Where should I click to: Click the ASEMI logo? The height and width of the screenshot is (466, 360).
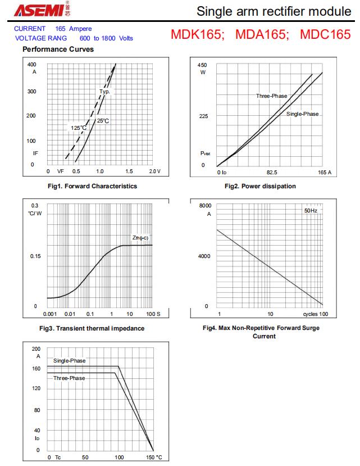[x=39, y=11]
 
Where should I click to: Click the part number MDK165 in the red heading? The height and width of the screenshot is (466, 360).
[x=198, y=34]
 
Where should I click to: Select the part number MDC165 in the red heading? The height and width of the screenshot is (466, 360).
[x=325, y=34]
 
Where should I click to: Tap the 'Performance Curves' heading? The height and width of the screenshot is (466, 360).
[x=58, y=49]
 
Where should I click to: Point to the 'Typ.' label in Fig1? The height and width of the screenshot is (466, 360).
[x=104, y=92]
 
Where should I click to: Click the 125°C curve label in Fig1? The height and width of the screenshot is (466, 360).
[x=79, y=128]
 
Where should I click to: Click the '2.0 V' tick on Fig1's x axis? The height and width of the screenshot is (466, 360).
[x=154, y=171]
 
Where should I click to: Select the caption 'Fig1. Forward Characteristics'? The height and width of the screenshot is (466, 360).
[x=93, y=186]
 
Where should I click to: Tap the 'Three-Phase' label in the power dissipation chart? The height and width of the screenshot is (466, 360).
[x=271, y=96]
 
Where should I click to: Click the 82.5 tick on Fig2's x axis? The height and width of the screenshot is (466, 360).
[x=272, y=172]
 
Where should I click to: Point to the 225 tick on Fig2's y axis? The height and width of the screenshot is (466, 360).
[x=203, y=116]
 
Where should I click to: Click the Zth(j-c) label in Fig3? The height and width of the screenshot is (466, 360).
[x=140, y=238]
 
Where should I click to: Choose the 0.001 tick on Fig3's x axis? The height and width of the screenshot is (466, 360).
[x=50, y=314]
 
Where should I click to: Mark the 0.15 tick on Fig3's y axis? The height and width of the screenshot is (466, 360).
[x=35, y=256]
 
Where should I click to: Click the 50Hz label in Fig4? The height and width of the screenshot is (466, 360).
[x=311, y=210]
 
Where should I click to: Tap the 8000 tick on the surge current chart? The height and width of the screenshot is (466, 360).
[x=206, y=206]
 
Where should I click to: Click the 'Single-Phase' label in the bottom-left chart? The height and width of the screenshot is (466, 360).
[x=70, y=361]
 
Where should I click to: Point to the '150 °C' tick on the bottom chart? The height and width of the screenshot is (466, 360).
[x=154, y=458]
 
